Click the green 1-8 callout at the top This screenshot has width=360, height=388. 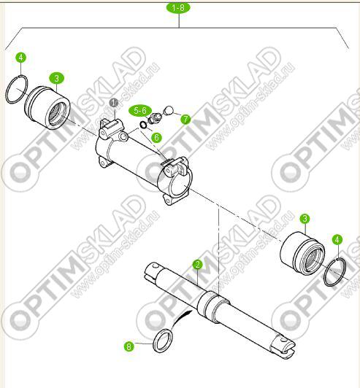coord(178,8)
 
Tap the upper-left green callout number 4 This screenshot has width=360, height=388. coord(21,58)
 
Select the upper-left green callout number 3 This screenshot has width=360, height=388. coord(56,79)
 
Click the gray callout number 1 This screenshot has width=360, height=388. coord(114,103)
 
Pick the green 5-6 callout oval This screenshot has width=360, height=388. coord(140,111)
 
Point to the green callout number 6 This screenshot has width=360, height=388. coord(156,137)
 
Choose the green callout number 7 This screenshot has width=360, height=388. coord(185,120)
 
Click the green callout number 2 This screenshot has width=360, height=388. coord(197,265)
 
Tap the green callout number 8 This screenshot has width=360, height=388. coord(129,346)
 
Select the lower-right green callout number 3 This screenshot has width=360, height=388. coord(305,219)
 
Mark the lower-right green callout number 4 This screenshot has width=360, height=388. coord(337,239)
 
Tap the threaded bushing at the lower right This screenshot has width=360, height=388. coord(302,252)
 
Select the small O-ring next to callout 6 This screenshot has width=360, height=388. coord(143,125)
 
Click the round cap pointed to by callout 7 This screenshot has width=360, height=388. coord(169,110)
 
